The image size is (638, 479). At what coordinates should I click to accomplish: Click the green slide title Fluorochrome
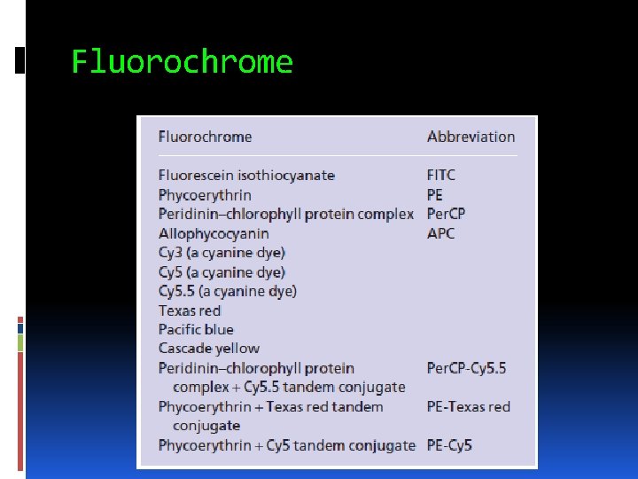182,63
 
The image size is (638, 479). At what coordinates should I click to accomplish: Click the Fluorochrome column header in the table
205,137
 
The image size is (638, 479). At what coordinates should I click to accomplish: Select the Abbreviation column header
471,137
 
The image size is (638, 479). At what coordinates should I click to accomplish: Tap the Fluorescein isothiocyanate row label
246,176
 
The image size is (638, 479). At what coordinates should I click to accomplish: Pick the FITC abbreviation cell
441,176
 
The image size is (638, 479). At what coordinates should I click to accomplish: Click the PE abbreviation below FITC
435,195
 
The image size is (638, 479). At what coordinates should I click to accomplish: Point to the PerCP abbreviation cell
446,214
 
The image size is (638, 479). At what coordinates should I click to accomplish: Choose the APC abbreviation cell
440,233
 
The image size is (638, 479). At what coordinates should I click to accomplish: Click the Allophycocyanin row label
214,233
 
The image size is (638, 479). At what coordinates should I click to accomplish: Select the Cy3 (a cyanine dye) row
222,253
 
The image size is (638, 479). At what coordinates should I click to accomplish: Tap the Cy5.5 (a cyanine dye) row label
228,291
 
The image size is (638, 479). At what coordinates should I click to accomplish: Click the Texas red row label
190,310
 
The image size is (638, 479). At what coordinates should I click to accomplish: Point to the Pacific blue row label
196,330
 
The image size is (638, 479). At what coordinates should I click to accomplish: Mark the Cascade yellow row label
209,349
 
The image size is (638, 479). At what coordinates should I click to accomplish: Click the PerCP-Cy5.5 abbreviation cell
466,368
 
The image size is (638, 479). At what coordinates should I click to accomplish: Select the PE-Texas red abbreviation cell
469,407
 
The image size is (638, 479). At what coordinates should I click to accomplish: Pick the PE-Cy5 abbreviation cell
449,445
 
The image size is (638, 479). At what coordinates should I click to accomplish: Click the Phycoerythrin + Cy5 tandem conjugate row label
286,445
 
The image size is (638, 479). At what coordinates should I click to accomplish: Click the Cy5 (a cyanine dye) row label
222,272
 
